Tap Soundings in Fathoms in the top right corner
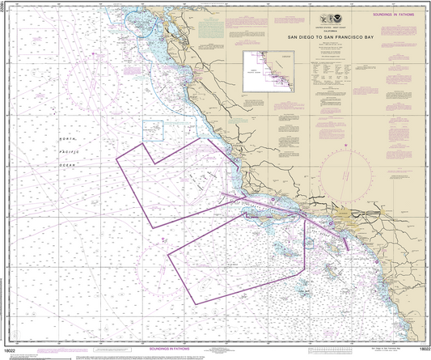coord(389,13)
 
